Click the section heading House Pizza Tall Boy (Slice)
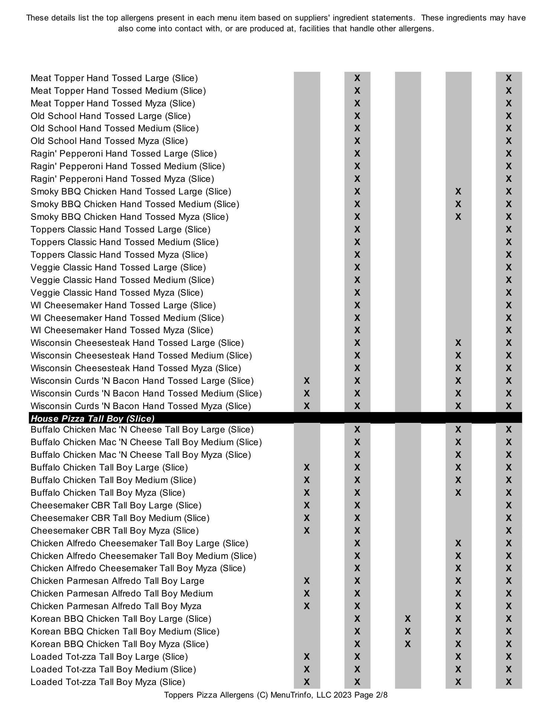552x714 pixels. coord(93,418)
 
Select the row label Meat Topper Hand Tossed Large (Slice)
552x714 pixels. coord(114,78)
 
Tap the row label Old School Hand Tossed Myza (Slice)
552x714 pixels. coord(109,141)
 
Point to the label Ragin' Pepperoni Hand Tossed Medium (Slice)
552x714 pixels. coord(128,166)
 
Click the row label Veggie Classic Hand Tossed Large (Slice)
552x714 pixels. coord(118,267)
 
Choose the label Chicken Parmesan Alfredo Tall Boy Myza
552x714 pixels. coord(116,606)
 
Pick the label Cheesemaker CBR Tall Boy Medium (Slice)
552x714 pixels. coord(120,518)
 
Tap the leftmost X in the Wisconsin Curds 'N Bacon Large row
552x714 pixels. coord(307,381)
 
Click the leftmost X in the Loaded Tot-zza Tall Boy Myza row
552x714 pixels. coord(307,682)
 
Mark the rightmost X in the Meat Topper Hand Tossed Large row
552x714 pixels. coord(509,78)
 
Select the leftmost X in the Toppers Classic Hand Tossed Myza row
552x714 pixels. coord(357,255)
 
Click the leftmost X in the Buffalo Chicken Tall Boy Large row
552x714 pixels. coord(307,467)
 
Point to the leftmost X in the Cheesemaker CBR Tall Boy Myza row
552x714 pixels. coord(307,531)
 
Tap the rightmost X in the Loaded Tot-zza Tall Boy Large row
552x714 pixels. coord(509,657)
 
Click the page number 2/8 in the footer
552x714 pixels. coord(382,695)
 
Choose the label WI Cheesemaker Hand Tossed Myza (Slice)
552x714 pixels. coord(122,330)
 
